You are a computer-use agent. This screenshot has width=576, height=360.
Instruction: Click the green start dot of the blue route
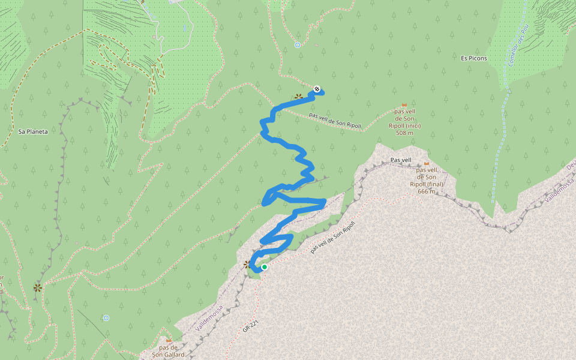point(264,267)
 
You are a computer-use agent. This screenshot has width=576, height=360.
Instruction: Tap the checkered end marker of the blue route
point(317,89)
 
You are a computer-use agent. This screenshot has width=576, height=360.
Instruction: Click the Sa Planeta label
point(33,131)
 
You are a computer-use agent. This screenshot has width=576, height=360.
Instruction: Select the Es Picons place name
point(474,58)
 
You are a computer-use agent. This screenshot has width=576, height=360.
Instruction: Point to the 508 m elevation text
point(404,133)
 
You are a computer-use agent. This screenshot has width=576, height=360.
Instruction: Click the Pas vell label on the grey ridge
point(401,160)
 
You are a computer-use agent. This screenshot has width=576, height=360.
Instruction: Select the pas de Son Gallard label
point(168,351)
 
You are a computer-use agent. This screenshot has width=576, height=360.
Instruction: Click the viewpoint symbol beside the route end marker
point(298,96)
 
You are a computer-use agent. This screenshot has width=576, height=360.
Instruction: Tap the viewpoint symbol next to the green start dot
point(247,264)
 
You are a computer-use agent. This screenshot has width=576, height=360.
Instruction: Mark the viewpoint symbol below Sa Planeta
point(38,288)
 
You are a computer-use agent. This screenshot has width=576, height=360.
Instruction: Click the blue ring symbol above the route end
point(298,44)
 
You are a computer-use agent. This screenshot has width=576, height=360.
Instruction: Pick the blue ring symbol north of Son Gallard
point(106,317)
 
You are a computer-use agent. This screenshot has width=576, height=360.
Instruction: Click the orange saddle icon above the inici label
point(404,105)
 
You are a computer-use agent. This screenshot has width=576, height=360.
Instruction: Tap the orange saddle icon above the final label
point(427,163)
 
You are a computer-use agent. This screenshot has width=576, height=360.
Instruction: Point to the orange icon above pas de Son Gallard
point(169,340)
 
